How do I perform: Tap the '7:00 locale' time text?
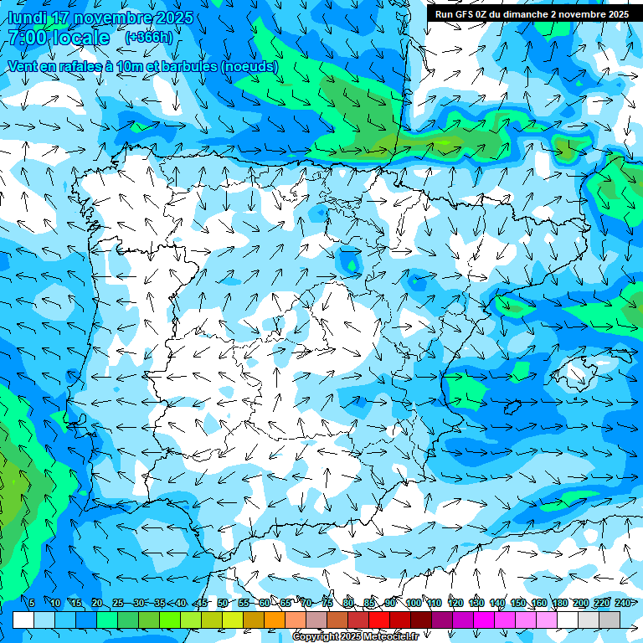point(59,38)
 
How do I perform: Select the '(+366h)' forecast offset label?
point(149,37)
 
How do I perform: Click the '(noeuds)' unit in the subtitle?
point(249,66)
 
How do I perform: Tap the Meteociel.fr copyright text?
point(355,636)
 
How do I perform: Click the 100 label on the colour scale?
point(413,603)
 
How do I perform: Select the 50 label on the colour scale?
point(222,603)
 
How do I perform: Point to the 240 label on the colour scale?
point(622,603)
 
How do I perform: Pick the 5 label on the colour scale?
point(31,603)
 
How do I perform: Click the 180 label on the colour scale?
point(559,603)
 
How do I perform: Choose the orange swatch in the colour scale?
point(275,620)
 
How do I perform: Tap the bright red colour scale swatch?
point(379,620)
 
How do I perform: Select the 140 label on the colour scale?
point(496,603)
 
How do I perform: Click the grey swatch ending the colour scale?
point(610,620)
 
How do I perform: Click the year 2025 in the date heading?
point(175,18)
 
